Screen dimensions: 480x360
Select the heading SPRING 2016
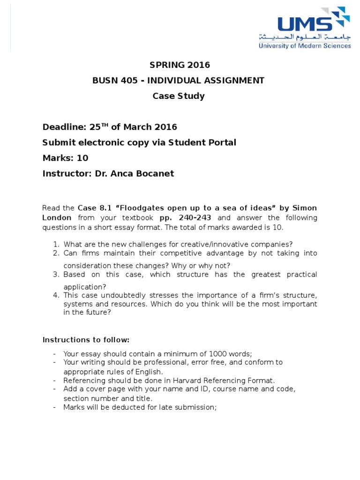click(x=180, y=65)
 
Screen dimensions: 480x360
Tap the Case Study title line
click(x=179, y=96)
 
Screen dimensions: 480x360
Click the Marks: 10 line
click(x=65, y=158)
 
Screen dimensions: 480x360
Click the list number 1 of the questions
click(x=55, y=244)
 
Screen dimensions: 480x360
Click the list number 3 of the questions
click(x=55, y=275)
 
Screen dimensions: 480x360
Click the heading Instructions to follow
click(x=86, y=340)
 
